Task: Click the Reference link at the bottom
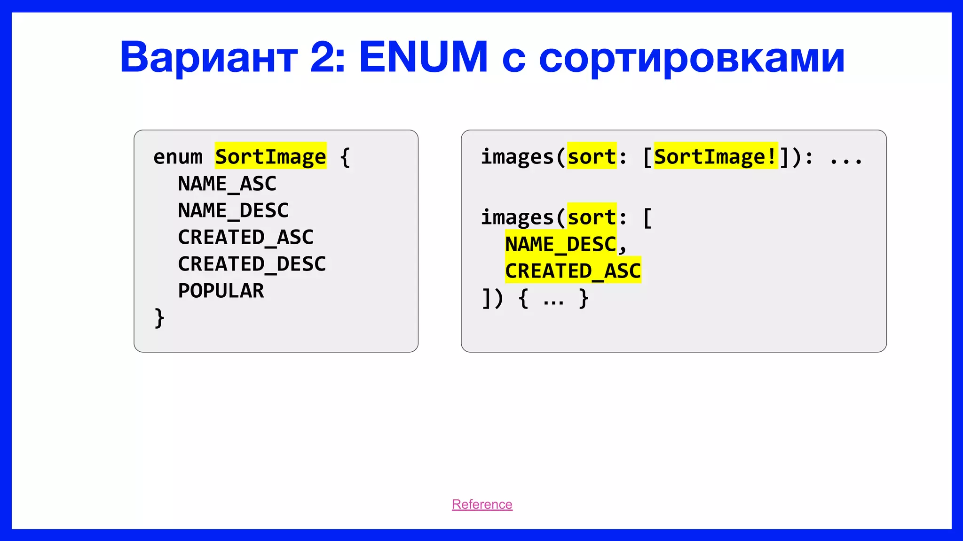(x=482, y=504)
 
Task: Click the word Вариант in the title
(x=208, y=57)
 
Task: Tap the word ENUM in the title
(x=423, y=57)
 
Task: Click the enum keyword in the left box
(x=178, y=157)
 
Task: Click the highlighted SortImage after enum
(x=270, y=156)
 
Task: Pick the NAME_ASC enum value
(x=227, y=184)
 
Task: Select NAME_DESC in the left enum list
(x=233, y=210)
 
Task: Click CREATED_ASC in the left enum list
(x=245, y=237)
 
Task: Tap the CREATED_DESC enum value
(x=252, y=264)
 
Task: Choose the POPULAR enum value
(x=221, y=291)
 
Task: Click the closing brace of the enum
(x=159, y=318)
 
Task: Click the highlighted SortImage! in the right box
(x=715, y=156)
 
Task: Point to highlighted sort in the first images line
(x=591, y=156)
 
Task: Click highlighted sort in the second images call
(x=591, y=217)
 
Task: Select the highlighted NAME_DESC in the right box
(x=560, y=244)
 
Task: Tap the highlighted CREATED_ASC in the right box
(x=572, y=271)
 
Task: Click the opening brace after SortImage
(x=345, y=157)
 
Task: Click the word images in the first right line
(x=517, y=156)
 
